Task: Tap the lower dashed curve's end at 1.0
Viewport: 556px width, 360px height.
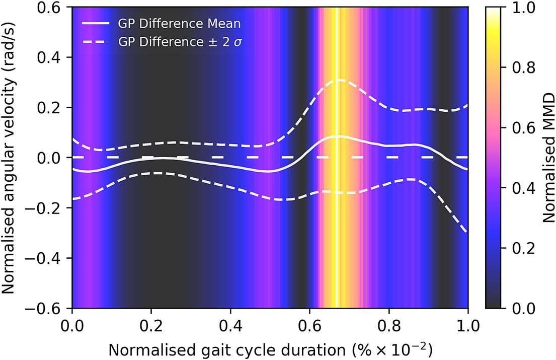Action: click(x=467, y=232)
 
